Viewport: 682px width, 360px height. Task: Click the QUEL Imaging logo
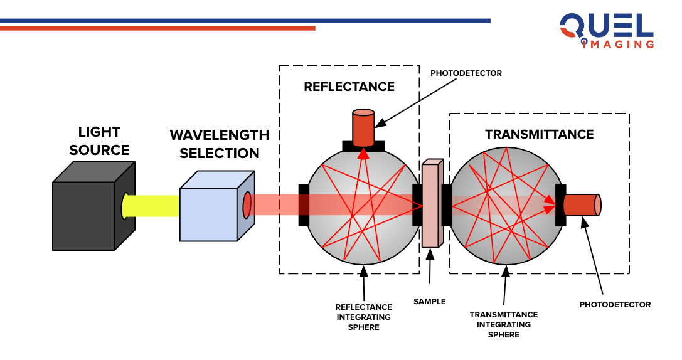606,31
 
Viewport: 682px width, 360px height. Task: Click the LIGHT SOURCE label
99,141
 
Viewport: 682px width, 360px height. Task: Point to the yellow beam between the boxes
154,206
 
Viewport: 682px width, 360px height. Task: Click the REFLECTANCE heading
349,87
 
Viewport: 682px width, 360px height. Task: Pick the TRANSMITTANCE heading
539,135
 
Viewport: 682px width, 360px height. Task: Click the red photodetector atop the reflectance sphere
363,127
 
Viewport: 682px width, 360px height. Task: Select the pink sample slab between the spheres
432,204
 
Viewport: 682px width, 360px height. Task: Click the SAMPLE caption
430,302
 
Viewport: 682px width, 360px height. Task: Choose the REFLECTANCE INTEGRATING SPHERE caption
364,317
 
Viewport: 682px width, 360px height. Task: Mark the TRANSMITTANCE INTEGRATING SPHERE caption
504,324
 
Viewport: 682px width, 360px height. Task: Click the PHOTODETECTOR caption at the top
466,73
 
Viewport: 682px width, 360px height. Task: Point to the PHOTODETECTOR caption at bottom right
615,305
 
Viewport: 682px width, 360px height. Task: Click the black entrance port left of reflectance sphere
304,205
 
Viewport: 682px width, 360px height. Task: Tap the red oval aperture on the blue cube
247,204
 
